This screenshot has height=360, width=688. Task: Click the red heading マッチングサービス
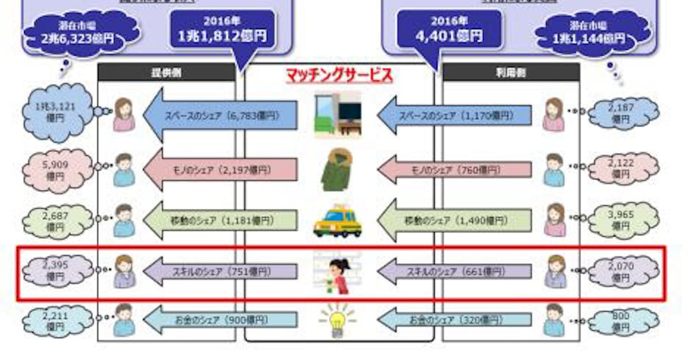point(339,75)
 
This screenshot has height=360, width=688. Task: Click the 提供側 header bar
point(166,72)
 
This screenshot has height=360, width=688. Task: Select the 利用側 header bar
point(511,72)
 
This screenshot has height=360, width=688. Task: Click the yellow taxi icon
point(338,221)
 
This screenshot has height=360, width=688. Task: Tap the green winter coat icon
point(338,170)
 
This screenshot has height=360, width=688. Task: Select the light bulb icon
point(338,320)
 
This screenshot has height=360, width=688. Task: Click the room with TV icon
point(338,115)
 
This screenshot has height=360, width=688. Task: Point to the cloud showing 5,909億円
point(56,170)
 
